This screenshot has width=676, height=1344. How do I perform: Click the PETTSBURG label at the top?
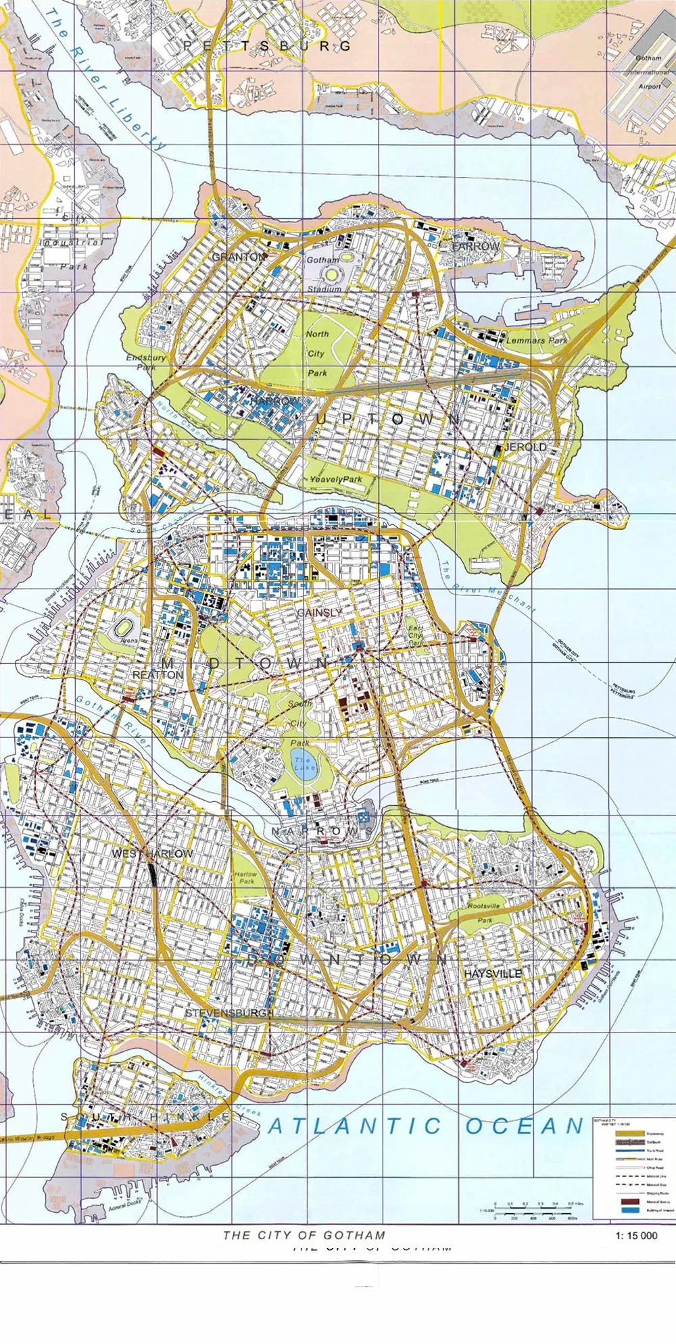[x=268, y=46]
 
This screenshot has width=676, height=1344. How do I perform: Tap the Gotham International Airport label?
[x=649, y=72]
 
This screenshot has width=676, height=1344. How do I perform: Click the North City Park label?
[x=316, y=353]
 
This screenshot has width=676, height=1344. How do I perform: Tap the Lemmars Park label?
[x=537, y=341]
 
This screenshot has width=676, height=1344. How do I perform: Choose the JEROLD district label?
[x=526, y=447]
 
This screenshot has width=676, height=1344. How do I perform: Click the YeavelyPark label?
[x=336, y=479]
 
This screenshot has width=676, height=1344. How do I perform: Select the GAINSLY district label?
[x=319, y=612]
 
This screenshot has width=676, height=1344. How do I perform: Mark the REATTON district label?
[x=158, y=675]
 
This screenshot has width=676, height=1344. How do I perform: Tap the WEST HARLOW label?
[x=152, y=853]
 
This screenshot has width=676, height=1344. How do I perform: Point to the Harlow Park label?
[x=246, y=877]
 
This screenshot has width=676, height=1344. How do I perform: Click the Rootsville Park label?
[x=484, y=912]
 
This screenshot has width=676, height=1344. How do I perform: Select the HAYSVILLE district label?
[x=493, y=974]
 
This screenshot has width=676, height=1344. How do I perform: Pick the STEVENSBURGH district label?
[x=230, y=1013]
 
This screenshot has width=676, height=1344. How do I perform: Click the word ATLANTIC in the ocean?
[x=355, y=1126]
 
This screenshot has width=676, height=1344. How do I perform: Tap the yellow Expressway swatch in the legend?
[x=630, y=1133]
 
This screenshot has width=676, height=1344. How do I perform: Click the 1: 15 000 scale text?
[x=636, y=1235]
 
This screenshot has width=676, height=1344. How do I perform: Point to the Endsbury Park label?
[x=146, y=362]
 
